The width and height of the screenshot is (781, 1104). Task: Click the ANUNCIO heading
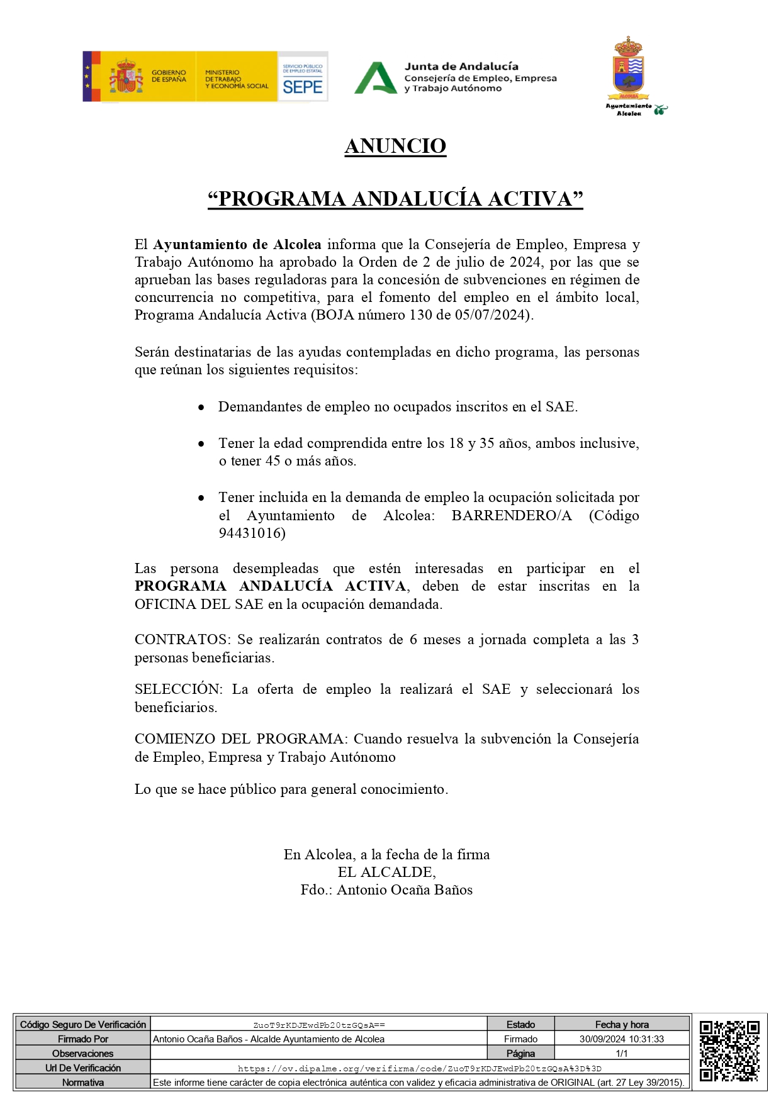pyautogui.click(x=395, y=146)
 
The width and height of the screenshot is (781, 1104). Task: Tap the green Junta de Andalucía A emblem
pyautogui.click(x=375, y=78)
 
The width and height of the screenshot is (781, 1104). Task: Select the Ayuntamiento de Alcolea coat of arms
pyautogui.click(x=628, y=69)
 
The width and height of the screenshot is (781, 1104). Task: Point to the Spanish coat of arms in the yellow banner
pyautogui.click(x=126, y=77)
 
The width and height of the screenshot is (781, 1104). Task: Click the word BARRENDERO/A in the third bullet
pyautogui.click(x=512, y=516)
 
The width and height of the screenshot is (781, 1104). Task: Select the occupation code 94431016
pyautogui.click(x=252, y=533)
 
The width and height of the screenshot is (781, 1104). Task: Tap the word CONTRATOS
pyautogui.click(x=182, y=640)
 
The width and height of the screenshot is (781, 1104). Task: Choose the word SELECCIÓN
pyautogui.click(x=178, y=689)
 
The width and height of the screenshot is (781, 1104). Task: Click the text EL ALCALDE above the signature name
pyautogui.click(x=386, y=873)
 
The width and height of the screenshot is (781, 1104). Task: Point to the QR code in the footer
pyautogui.click(x=729, y=1051)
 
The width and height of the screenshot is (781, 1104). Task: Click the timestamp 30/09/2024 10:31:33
pyautogui.click(x=621, y=1039)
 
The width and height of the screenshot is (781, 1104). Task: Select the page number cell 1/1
pyautogui.click(x=621, y=1054)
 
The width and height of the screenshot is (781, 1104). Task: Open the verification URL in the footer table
pyautogui.click(x=419, y=1068)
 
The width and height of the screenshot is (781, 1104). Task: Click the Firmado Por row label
pyautogui.click(x=83, y=1039)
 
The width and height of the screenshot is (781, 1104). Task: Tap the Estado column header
pyautogui.click(x=520, y=1025)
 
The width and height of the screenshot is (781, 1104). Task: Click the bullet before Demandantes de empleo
pyautogui.click(x=201, y=408)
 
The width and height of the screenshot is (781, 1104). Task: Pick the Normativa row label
pyautogui.click(x=83, y=1083)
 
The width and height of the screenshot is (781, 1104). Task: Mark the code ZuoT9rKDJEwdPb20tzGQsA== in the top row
pyautogui.click(x=319, y=1025)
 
